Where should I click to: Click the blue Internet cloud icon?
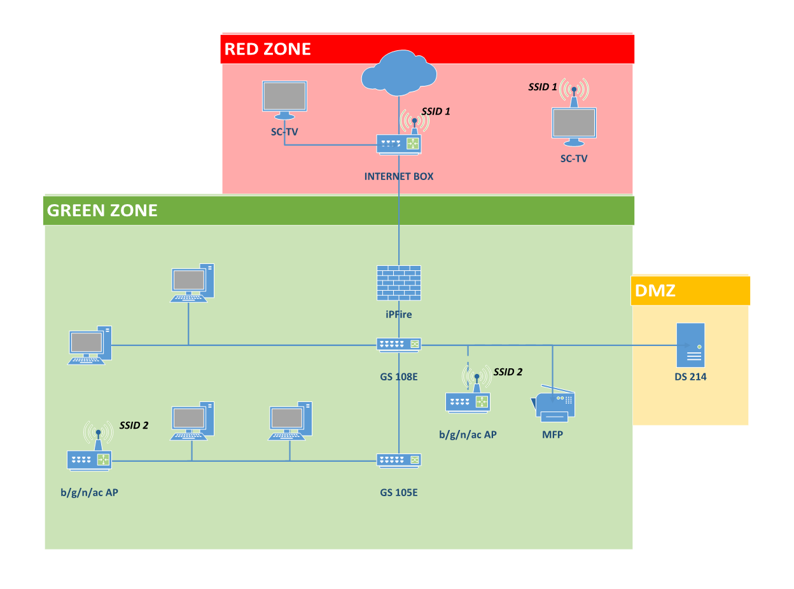399,73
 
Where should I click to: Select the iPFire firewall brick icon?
399,283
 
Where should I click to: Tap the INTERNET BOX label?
399,176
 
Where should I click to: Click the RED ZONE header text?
268,49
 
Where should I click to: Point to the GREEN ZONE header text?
102,211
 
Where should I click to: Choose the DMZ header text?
655,291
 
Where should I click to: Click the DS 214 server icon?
690,345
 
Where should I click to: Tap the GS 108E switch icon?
399,345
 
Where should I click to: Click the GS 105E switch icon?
399,461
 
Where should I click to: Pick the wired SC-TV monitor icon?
285,99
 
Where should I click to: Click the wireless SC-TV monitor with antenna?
574,123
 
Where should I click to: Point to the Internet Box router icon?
399,144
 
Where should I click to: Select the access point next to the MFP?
468,401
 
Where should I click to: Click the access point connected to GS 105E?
89,459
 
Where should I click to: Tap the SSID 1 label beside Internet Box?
436,111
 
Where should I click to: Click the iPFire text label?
399,314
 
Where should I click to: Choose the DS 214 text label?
690,377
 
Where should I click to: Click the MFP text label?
553,435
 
